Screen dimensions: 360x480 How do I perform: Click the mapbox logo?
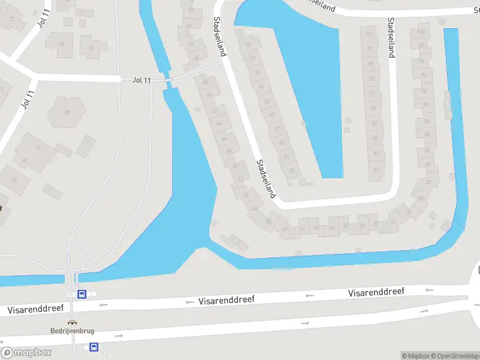[26, 353]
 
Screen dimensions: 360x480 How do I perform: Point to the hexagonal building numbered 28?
[66, 112]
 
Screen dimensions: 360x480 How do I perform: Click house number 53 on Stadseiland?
[292, 171]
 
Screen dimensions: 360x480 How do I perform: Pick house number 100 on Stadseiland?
[421, 32]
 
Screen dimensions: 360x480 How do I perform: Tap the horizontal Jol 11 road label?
[142, 80]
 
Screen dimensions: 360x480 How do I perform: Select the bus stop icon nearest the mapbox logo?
[94, 347]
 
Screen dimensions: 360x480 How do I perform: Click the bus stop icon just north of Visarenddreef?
[82, 294]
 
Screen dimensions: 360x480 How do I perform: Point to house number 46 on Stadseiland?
[224, 139]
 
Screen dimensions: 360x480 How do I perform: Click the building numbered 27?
[13, 19]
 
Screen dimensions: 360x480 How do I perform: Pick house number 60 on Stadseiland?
[284, 229]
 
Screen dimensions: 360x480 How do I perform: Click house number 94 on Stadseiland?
[424, 75]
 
